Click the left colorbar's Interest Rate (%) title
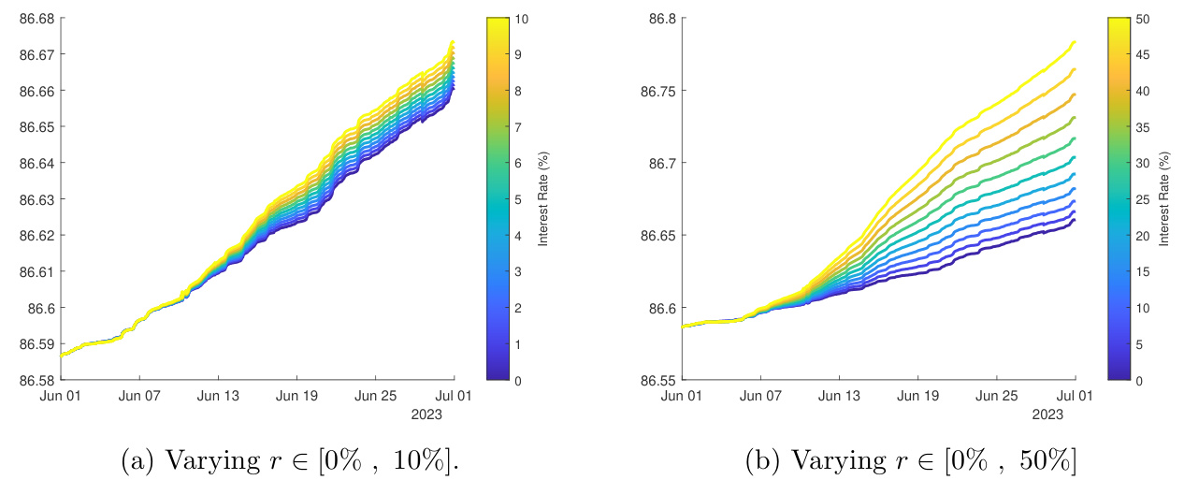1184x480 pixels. click(x=543, y=199)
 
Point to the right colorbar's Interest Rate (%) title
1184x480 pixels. click(x=1165, y=199)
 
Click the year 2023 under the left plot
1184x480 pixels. click(x=426, y=413)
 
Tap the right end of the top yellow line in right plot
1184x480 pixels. click(x=1075, y=42)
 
